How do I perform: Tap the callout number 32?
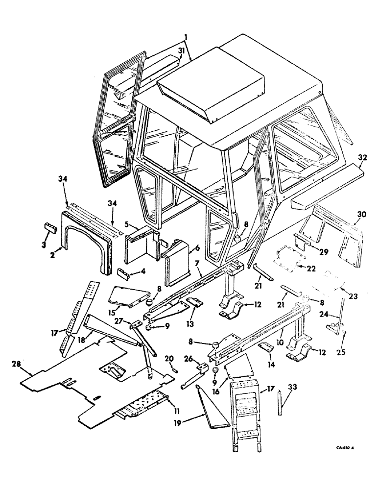click(362, 158)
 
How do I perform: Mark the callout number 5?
click(127, 225)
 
